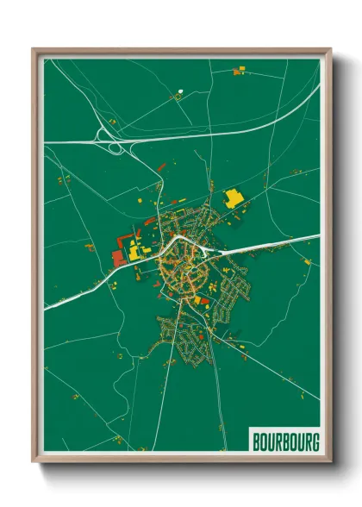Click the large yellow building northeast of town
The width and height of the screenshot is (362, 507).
point(233,197)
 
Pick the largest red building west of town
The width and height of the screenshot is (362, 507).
point(118,256)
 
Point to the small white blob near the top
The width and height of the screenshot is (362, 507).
point(180,91)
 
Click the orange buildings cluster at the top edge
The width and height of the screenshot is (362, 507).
point(239,72)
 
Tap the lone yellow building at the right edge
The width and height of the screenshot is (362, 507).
point(307,260)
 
